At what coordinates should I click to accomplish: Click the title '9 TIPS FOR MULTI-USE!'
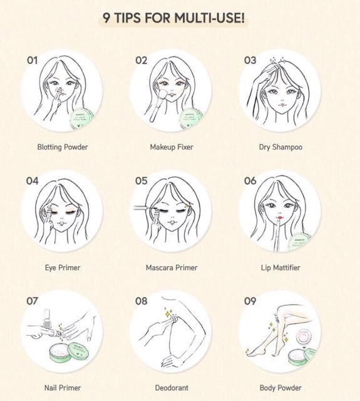pos(173,17)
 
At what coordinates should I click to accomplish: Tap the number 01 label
pos(32,60)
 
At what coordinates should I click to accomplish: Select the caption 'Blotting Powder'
pos(62,147)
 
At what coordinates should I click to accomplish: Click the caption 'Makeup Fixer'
pos(172,147)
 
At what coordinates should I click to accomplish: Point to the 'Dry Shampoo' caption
pos(280,147)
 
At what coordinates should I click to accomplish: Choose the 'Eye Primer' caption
pos(62,268)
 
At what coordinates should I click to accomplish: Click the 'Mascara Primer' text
pos(172,268)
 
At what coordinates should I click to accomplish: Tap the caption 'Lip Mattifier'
pos(280,268)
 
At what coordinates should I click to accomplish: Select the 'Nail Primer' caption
pos(62,388)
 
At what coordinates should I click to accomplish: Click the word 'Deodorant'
pos(172,388)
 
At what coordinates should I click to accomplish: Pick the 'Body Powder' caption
pos(280,388)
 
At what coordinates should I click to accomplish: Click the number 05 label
pos(141,180)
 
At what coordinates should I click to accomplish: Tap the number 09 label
pos(250,301)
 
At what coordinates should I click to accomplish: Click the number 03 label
pos(250,60)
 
